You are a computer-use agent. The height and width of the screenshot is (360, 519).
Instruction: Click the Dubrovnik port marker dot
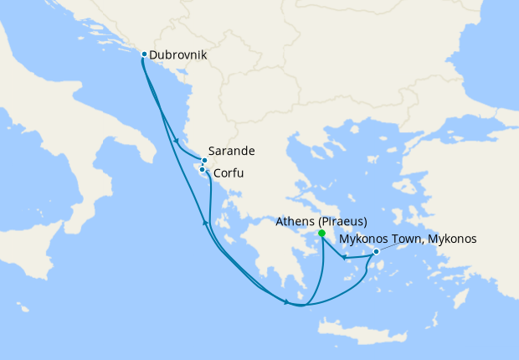(x=145, y=54)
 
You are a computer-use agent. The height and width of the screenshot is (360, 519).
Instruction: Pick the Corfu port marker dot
(x=203, y=170)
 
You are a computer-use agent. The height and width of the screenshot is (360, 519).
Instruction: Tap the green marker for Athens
(x=321, y=234)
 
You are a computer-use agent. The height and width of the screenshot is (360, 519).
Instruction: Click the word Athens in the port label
(x=295, y=222)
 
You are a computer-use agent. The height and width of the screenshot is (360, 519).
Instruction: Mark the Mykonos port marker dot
(x=376, y=251)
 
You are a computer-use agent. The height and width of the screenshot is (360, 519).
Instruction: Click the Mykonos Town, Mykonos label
(x=408, y=239)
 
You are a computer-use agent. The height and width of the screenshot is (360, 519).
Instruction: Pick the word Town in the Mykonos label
(x=397, y=239)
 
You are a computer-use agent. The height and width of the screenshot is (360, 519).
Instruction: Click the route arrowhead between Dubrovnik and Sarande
(x=175, y=139)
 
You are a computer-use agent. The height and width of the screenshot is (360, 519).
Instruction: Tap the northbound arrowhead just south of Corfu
(x=205, y=221)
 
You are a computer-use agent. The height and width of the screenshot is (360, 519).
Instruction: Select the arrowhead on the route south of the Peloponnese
(x=287, y=301)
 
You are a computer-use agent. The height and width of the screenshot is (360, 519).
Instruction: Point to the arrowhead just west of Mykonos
(x=344, y=257)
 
